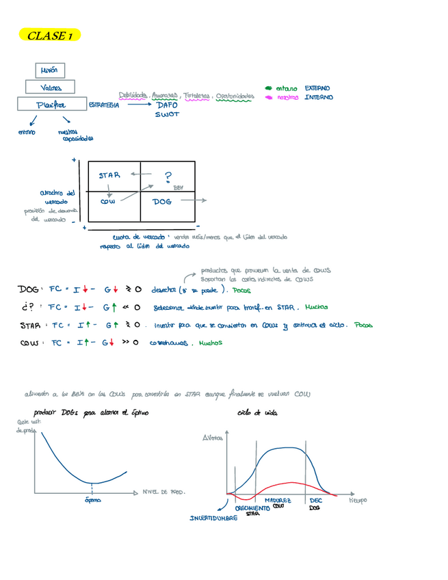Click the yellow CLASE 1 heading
(51, 36)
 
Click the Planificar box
(51, 105)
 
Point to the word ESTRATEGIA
(105, 106)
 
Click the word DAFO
(166, 105)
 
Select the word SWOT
(166, 115)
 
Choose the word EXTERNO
(317, 88)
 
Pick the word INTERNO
(319, 98)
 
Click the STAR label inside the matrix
(109, 176)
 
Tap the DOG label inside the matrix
(162, 202)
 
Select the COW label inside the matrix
(108, 202)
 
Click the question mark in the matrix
(168, 177)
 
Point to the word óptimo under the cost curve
(92, 501)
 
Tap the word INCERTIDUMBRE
(213, 518)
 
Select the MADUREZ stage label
(278, 501)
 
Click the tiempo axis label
(358, 500)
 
